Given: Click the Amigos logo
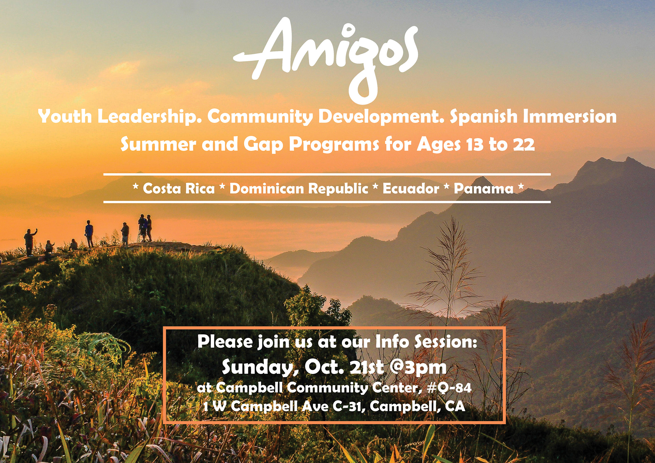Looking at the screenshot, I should pos(326,58).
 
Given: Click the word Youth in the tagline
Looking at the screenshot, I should pos(65,117).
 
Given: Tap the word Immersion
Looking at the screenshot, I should pos(570,117).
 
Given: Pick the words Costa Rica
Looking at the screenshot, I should pos(179,189).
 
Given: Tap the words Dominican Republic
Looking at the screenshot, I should pos(299,189).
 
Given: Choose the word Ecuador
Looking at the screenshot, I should pos(411,189).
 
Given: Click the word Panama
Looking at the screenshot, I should pos(483,189).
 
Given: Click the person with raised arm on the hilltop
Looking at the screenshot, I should pos(30,242).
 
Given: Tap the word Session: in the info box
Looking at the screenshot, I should pos(446,342).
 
